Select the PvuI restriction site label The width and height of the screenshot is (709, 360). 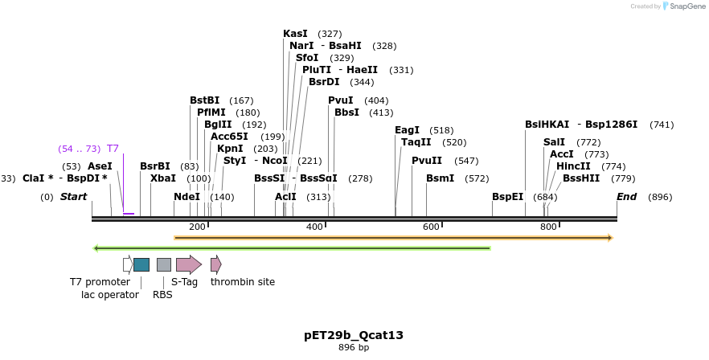(341, 100)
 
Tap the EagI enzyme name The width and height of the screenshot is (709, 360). (408, 130)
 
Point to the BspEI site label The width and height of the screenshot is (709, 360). (507, 197)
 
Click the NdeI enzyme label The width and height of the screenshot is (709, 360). (187, 197)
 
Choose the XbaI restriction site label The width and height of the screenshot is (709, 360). (163, 178)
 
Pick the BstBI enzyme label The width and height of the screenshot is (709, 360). (205, 100)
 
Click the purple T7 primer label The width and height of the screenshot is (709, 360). (113, 149)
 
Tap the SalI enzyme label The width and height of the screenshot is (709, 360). (555, 142)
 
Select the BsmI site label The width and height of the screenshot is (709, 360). (441, 178)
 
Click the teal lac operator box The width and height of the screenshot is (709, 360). (141, 264)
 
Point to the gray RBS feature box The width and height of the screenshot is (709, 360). (164, 264)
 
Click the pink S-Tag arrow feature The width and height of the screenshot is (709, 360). (189, 264)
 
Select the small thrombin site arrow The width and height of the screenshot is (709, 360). (215, 264)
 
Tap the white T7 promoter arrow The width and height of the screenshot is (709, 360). (128, 264)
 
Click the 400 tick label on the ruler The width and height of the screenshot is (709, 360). (314, 227)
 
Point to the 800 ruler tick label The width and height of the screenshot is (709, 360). (548, 227)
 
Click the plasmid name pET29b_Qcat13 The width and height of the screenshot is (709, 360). (354, 335)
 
